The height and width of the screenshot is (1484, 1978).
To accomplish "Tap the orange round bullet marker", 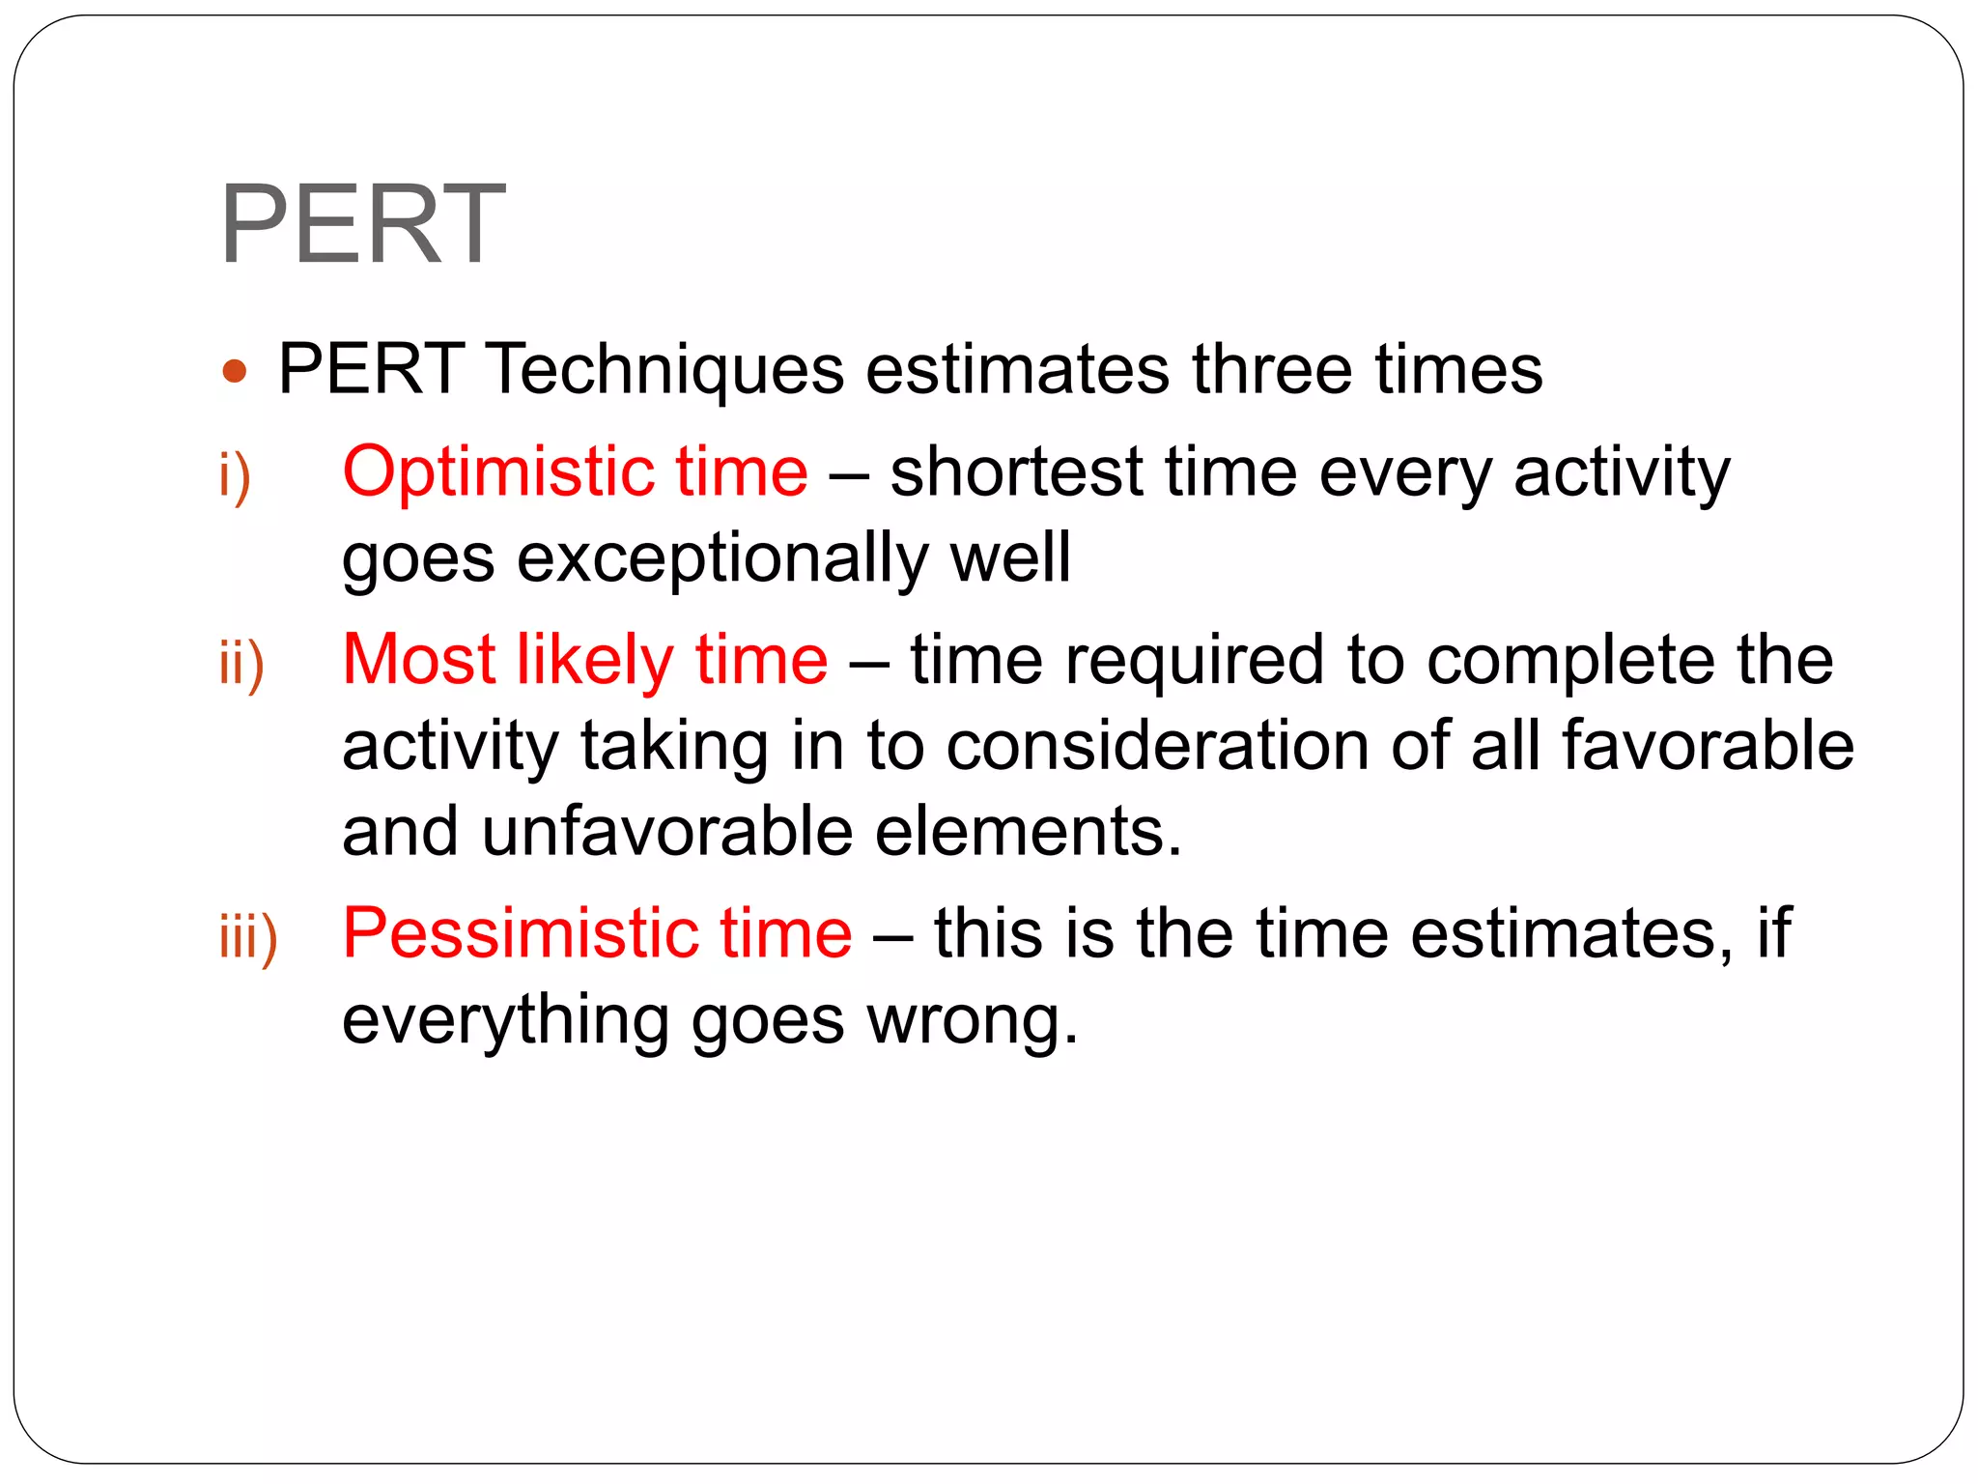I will pyautogui.click(x=235, y=371).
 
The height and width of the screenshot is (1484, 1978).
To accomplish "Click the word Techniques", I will pyautogui.click(x=665, y=370).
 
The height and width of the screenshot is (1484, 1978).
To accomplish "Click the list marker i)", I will pyautogui.click(x=235, y=474).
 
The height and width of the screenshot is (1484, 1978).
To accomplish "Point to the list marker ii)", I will pyautogui.click(x=241, y=663).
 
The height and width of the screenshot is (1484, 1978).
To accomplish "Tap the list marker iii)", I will pyautogui.click(x=248, y=936).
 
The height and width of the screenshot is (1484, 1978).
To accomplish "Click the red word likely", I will pyautogui.click(x=594, y=661).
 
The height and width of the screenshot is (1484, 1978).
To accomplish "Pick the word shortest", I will pyautogui.click(x=1015, y=472).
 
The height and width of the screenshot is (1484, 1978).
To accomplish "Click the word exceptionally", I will pyautogui.click(x=721, y=559).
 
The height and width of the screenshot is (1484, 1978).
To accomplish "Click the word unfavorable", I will pyautogui.click(x=666, y=831).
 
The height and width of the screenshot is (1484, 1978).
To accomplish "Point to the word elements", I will pyautogui.click(x=1028, y=831).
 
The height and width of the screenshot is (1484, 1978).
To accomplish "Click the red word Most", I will pyautogui.click(x=418, y=660).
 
